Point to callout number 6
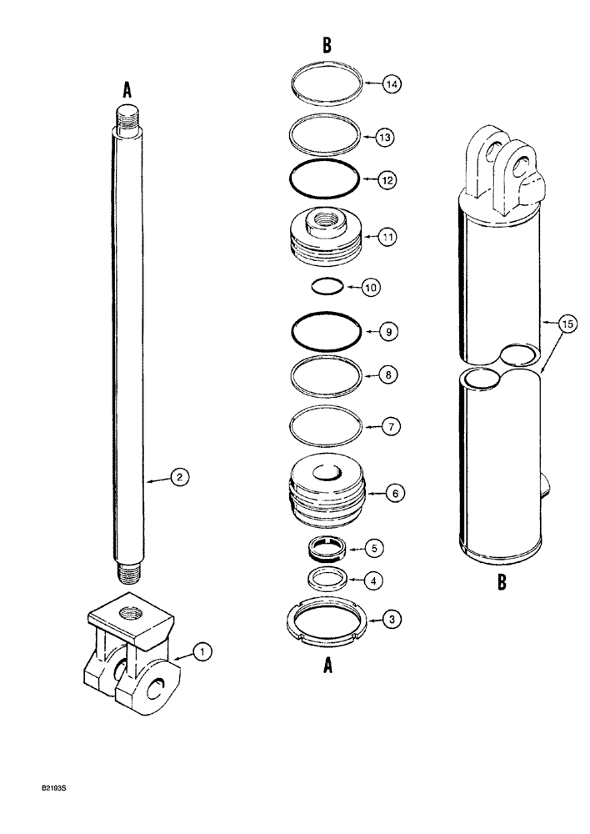tap(396, 494)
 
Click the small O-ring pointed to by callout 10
tap(327, 287)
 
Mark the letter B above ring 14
tap(327, 47)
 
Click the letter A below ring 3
tap(327, 665)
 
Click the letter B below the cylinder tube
tap(502, 583)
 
